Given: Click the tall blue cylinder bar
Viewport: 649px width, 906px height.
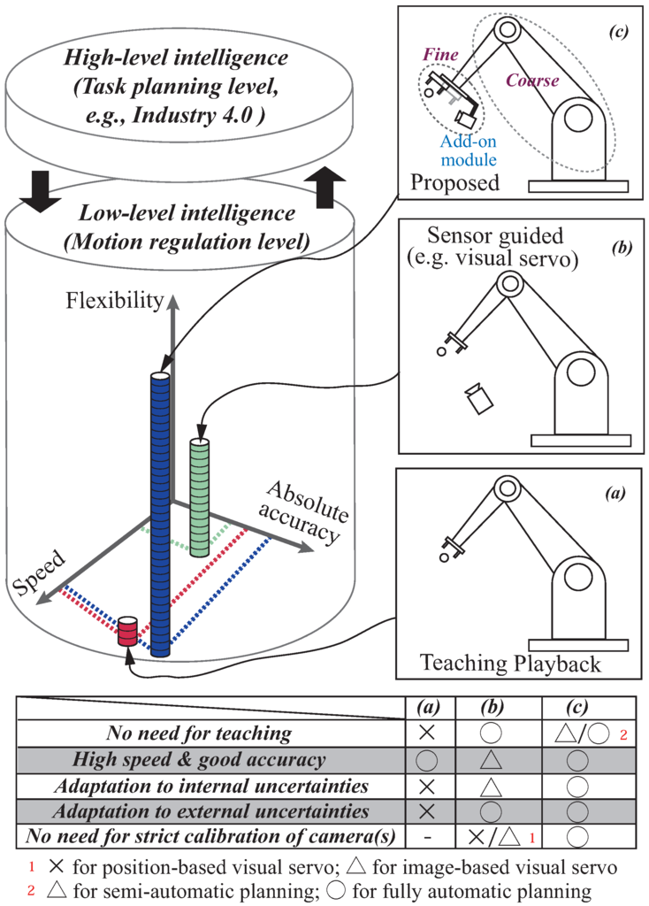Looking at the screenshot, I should [x=159, y=513].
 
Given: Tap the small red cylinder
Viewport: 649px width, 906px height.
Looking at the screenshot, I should [x=129, y=632].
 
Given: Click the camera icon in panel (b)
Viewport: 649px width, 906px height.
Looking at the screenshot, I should [x=477, y=398].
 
